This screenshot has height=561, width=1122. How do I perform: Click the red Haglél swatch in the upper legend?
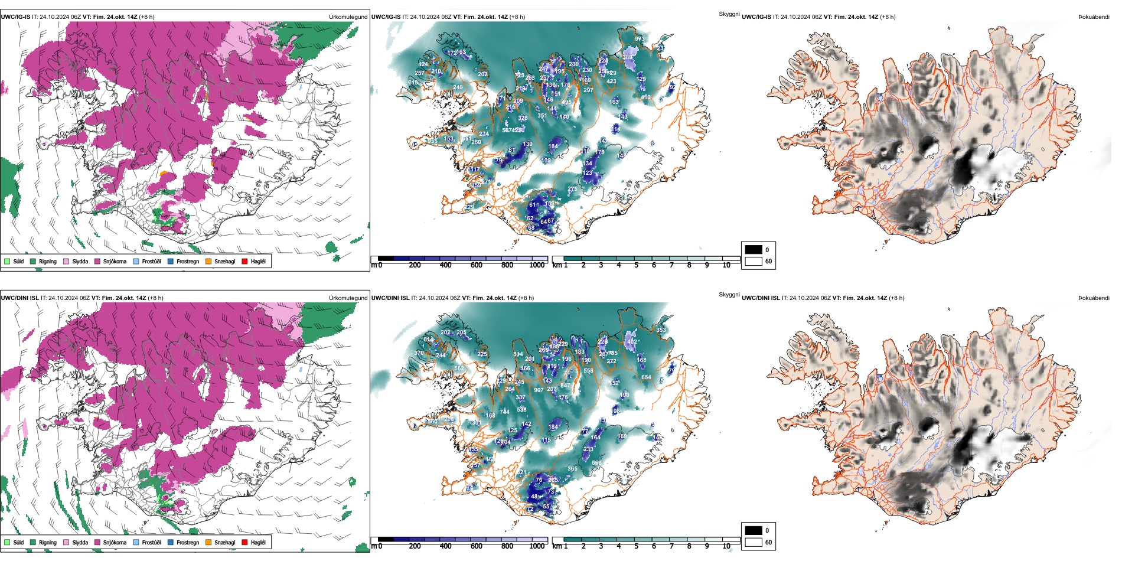coord(244,261)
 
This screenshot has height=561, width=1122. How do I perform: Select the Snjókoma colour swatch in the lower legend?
coord(97,542)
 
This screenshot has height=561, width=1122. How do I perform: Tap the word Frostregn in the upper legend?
coord(188,261)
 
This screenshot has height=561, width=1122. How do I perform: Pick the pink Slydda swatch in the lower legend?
coord(66,542)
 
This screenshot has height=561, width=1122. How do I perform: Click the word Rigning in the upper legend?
coord(48,261)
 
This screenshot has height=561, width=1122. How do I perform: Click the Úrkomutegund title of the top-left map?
coord(348,17)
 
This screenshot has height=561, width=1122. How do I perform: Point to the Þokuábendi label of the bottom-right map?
coord(1094,298)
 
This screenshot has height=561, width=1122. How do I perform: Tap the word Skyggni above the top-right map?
coord(729,14)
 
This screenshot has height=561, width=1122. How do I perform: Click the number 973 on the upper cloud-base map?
coord(640,38)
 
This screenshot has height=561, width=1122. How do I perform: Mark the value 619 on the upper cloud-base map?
coord(413,83)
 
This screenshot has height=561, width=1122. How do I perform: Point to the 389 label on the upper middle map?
coord(627,57)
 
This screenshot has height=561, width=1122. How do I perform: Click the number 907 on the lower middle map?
coord(539,390)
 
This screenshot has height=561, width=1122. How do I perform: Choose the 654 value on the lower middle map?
coord(646,377)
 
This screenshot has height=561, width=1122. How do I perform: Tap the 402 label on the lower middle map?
coord(632,341)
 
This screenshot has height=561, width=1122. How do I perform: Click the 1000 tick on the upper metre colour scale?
coord(537,265)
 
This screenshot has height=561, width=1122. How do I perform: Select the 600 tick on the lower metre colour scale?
coord(476,546)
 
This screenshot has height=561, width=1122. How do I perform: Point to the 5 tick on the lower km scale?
coord(636,546)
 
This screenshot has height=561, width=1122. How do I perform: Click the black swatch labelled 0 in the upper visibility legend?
coord(754,249)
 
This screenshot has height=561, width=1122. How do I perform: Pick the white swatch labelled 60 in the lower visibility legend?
coord(754,542)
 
